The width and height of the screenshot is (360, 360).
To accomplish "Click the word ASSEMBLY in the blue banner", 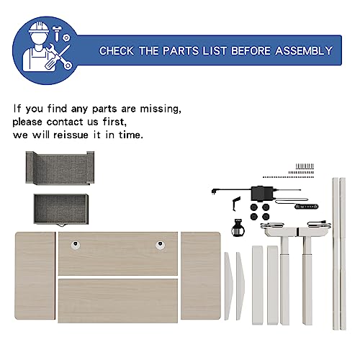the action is (x=304, y=50).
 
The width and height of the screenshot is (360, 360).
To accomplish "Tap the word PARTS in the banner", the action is (x=181, y=50).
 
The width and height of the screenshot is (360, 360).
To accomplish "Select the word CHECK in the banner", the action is (x=117, y=51).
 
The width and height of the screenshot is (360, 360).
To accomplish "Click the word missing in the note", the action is (x=161, y=109).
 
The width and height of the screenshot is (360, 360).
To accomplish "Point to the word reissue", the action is (x=71, y=135).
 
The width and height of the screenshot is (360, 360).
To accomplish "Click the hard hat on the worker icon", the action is (x=39, y=27).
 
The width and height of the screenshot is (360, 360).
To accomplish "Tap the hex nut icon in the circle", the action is (x=66, y=37).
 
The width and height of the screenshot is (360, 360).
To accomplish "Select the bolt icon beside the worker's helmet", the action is (x=57, y=33).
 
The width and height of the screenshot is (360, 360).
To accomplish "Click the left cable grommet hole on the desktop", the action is (x=76, y=245).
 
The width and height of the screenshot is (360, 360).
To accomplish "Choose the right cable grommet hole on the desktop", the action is (x=160, y=245).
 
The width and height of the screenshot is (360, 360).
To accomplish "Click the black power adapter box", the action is (x=262, y=193).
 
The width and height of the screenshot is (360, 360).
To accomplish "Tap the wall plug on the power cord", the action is (x=213, y=192).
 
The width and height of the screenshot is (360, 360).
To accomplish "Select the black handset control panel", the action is (x=307, y=207).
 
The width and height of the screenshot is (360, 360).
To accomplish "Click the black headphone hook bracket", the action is (x=235, y=204).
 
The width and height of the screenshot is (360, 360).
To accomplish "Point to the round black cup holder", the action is (x=238, y=228).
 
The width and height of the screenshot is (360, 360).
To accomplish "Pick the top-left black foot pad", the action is (x=253, y=207).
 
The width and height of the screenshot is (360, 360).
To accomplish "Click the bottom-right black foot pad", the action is (x=266, y=217).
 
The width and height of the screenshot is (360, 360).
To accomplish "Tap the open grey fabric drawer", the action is (x=61, y=210).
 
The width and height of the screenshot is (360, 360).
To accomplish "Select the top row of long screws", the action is (x=305, y=166).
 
